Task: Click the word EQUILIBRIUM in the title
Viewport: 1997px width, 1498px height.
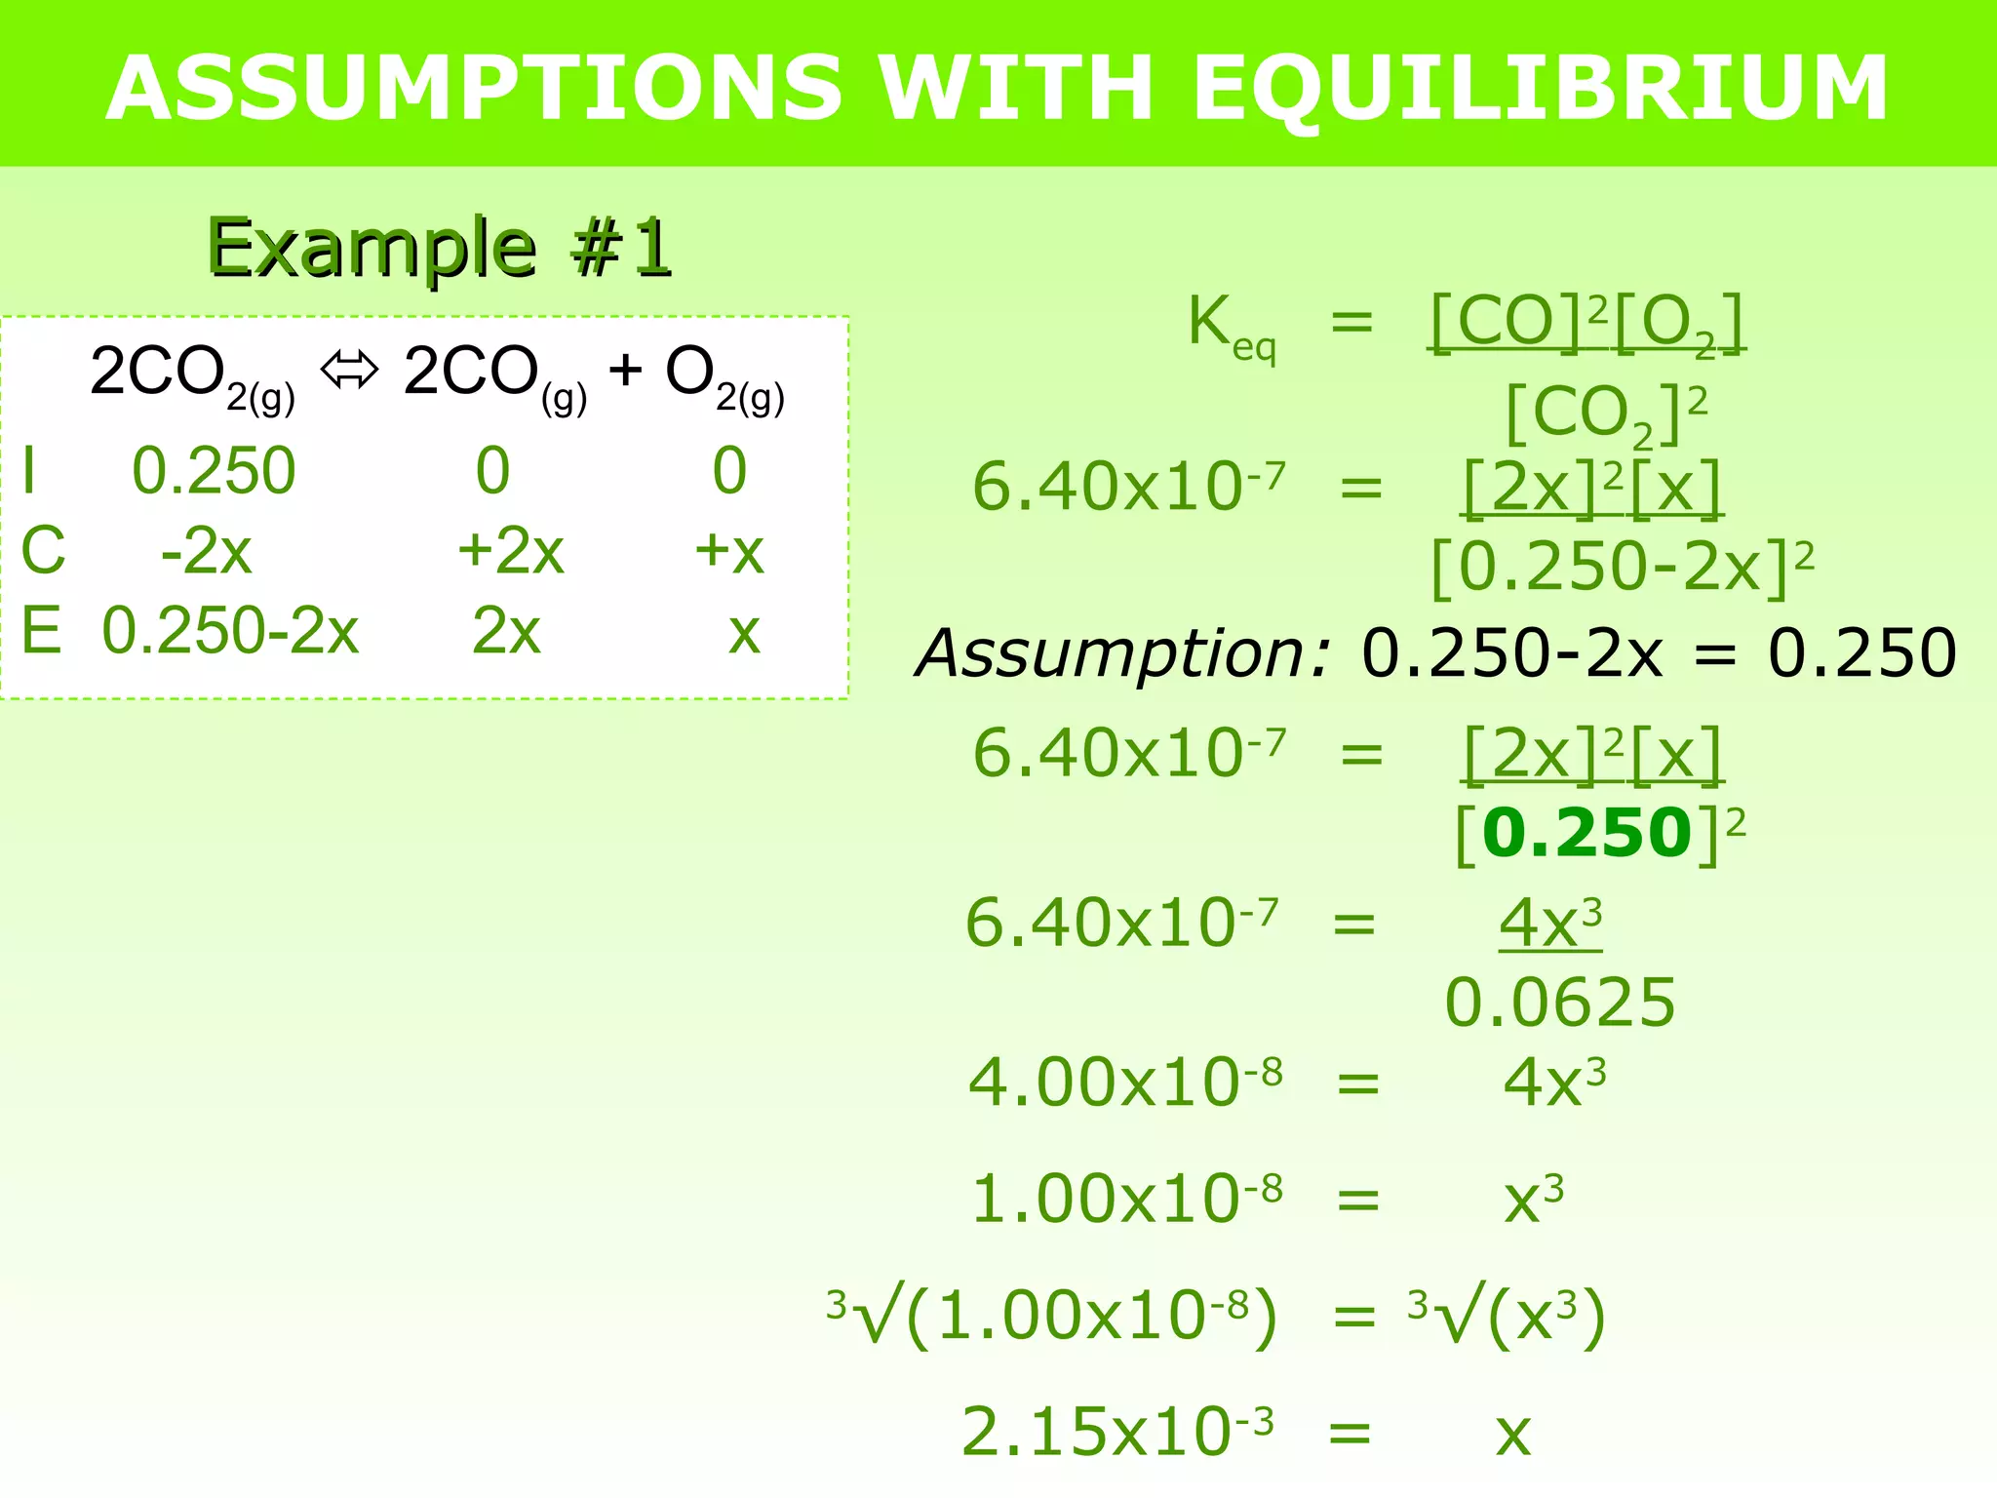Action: click(x=1541, y=88)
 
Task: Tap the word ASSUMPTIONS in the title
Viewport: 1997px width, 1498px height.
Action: click(x=474, y=88)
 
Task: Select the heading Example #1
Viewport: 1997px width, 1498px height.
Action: click(x=439, y=248)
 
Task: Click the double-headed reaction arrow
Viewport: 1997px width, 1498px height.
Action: click(x=349, y=371)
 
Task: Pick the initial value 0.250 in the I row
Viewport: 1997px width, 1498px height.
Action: click(x=214, y=471)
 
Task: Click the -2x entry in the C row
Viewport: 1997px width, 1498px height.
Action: click(x=207, y=551)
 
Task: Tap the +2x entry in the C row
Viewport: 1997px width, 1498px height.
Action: click(x=511, y=551)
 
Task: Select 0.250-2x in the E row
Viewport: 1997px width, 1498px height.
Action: click(x=230, y=631)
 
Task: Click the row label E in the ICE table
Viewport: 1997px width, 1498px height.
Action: click(x=42, y=631)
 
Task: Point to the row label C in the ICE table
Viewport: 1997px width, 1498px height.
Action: click(x=44, y=551)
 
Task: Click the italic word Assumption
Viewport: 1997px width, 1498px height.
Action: click(x=1121, y=652)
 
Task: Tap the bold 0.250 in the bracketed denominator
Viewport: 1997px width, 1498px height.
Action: click(x=1586, y=834)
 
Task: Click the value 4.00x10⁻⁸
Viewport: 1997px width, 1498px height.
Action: click(x=1125, y=1083)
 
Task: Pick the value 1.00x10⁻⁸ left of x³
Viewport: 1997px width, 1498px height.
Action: click(x=1126, y=1199)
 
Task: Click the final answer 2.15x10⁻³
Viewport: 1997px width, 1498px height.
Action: click(x=1117, y=1432)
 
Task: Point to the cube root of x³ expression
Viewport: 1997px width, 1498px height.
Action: click(x=1507, y=1317)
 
